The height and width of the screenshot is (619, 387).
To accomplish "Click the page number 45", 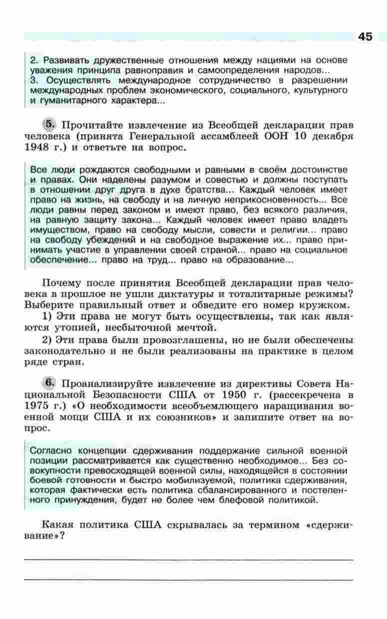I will [x=365, y=37].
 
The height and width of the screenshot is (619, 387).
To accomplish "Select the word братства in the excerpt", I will [x=204, y=190].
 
